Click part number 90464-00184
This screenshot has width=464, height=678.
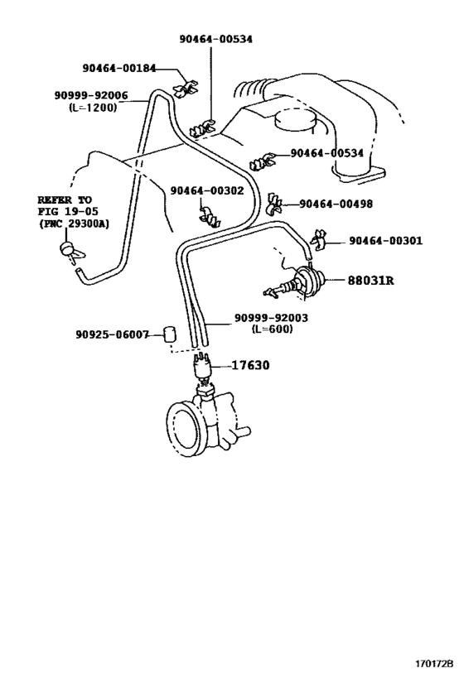[x=119, y=68]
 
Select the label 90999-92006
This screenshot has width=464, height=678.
[x=91, y=95]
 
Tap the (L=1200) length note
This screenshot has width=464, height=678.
[x=93, y=107]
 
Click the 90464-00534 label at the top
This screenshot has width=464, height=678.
[x=216, y=39]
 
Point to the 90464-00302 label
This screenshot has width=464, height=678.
[x=207, y=190]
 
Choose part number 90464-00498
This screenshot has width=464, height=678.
[x=336, y=203]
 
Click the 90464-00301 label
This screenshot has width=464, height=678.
[x=385, y=240]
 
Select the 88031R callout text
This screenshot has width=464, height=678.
[x=371, y=280]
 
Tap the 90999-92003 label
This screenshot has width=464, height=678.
[x=272, y=318]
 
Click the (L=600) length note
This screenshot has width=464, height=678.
[x=273, y=329]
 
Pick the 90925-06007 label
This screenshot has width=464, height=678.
[x=112, y=334]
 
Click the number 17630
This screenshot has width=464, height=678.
[x=250, y=365]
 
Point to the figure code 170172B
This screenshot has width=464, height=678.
[x=434, y=663]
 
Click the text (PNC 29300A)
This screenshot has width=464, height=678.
[x=74, y=224]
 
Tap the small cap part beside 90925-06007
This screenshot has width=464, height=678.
[x=169, y=334]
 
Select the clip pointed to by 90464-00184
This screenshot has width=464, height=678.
[x=186, y=88]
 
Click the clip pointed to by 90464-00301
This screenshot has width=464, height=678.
[x=317, y=239]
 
